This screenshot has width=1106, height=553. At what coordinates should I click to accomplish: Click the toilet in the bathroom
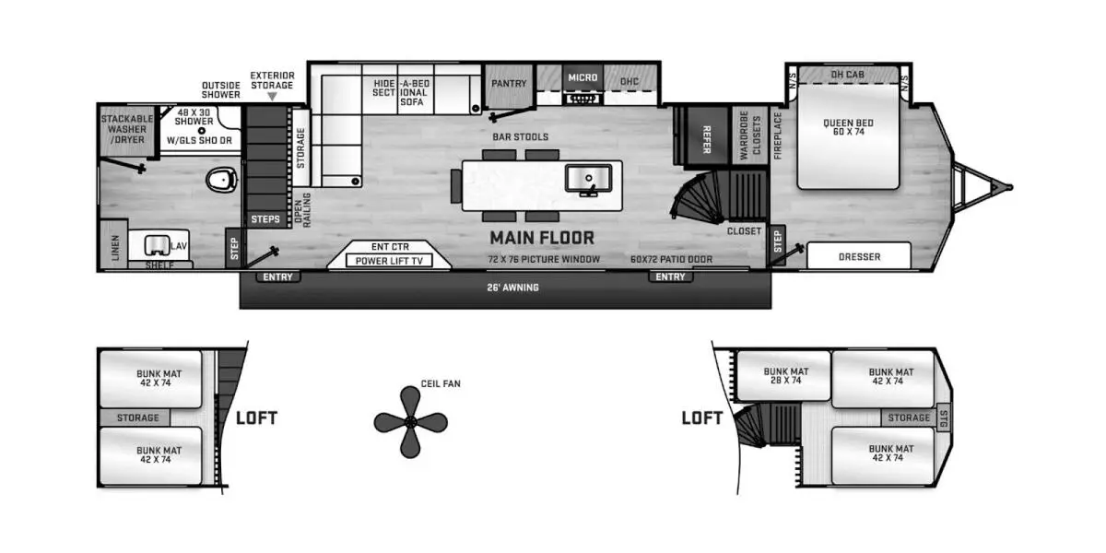[221, 179]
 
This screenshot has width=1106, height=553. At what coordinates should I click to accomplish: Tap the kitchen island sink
[589, 179]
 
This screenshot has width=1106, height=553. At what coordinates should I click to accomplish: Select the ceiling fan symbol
[411, 422]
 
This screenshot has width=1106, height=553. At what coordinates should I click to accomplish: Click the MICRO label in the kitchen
[582, 77]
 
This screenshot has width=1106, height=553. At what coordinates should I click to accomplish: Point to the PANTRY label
[509, 84]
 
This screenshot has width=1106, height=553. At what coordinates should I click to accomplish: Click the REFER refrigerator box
[707, 135]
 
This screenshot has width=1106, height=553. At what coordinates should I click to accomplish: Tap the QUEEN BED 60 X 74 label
[848, 127]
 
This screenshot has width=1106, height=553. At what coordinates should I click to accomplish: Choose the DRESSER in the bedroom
[859, 256]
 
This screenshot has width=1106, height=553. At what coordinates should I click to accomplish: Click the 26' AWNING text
[512, 288]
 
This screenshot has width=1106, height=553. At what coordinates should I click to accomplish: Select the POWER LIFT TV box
[389, 260]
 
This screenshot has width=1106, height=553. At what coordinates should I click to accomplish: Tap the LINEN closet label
[115, 247]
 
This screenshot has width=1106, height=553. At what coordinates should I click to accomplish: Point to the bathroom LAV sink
[157, 245]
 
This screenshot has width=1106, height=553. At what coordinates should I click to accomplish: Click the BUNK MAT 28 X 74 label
[785, 376]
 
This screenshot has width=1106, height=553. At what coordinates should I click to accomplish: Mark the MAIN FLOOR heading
[542, 238]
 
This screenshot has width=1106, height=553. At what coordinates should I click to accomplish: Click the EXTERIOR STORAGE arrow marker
[272, 97]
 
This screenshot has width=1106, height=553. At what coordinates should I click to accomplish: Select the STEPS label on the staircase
[265, 219]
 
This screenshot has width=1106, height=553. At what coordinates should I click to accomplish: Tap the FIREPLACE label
[778, 135]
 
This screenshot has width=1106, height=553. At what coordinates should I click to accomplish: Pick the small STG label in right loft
[944, 418]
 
